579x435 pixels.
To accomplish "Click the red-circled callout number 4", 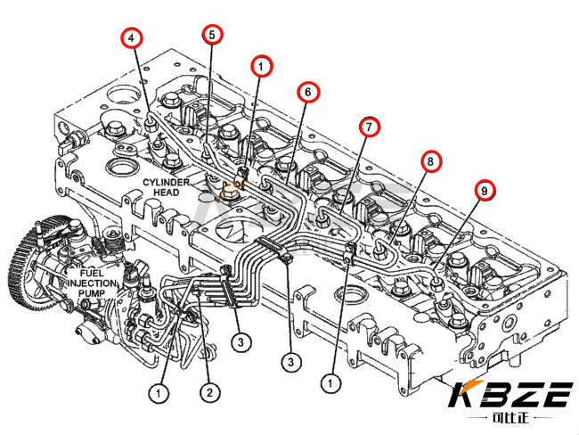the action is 132,38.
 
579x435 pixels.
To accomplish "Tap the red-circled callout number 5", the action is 212,35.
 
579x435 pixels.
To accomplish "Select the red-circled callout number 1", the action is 262,67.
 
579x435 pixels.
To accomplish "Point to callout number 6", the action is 309,93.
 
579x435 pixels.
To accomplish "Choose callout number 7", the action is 370,127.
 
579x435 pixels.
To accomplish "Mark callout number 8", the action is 431,161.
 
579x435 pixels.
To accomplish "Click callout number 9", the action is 485,191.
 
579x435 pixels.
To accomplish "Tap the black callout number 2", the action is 209,392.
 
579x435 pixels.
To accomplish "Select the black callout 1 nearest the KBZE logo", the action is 330,383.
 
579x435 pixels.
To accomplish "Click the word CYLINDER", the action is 167,182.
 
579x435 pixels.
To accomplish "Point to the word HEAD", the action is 167,193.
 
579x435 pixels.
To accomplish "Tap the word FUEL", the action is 92,274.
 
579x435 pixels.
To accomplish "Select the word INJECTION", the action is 92,283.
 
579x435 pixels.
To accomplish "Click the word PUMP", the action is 92,293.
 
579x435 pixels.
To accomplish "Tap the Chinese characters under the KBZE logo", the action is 511,418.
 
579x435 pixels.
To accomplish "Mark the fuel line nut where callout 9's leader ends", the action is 437,283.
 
